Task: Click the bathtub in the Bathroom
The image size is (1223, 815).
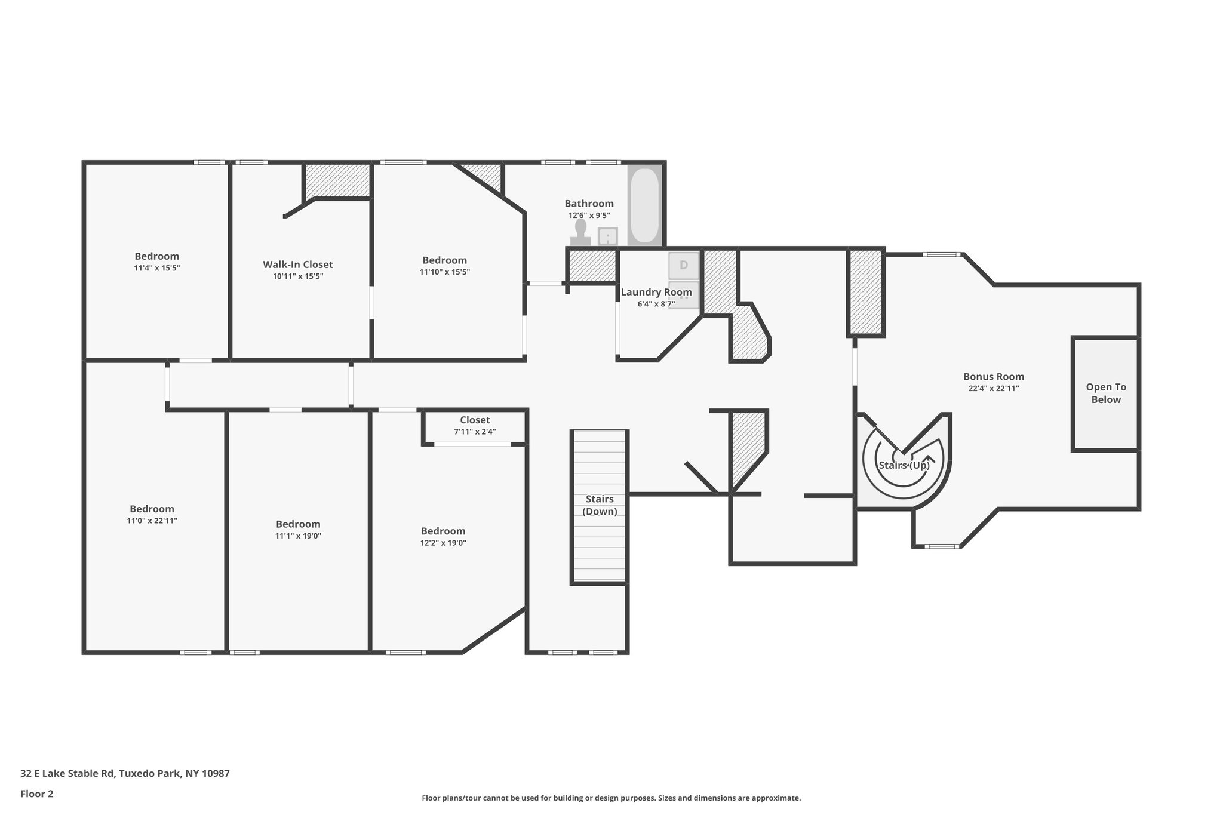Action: tap(644, 205)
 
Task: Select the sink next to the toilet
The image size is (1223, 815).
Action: tap(607, 236)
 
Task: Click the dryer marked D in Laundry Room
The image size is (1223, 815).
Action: tap(683, 265)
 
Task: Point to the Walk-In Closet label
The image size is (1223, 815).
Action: tap(297, 265)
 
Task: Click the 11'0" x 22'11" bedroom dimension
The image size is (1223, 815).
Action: tap(152, 521)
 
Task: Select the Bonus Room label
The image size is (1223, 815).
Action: tap(993, 377)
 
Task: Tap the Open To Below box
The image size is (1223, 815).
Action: tap(1105, 393)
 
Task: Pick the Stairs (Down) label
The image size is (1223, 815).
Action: tap(600, 505)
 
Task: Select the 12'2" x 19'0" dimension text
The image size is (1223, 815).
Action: tap(443, 543)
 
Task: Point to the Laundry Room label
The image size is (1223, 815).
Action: tap(656, 292)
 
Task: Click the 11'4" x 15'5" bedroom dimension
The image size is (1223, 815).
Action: tap(156, 268)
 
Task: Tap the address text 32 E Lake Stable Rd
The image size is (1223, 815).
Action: tap(125, 773)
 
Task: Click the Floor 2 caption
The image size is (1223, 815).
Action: tap(37, 794)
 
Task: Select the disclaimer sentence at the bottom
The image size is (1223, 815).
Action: tap(611, 798)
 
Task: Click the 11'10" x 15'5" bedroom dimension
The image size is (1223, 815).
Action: tap(444, 272)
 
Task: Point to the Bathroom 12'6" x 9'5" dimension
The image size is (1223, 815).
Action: tap(589, 216)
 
